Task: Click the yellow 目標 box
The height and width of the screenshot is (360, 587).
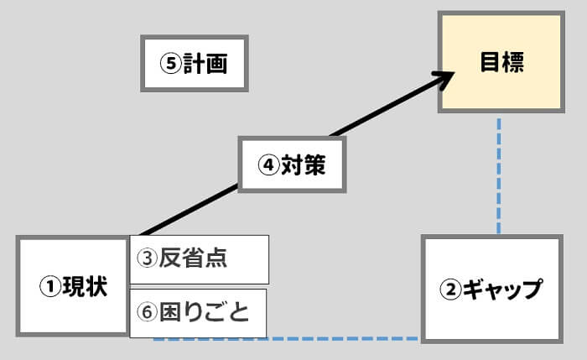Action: point(501,63)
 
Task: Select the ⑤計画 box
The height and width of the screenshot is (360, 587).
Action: point(195,64)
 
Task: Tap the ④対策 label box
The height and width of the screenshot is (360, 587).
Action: point(292,166)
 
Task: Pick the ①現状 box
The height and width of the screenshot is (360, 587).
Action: point(73,286)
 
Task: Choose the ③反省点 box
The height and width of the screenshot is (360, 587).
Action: point(200,259)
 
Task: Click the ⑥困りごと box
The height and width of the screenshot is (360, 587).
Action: point(199,313)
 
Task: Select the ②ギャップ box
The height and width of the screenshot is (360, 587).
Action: point(491,290)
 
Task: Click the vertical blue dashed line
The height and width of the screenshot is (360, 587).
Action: point(500,176)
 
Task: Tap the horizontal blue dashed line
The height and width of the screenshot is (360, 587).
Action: point(285,339)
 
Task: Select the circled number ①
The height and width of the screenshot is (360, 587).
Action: point(49,287)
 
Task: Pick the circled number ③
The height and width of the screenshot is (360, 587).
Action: point(148,259)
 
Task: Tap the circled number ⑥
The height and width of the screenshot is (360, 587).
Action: point(148,313)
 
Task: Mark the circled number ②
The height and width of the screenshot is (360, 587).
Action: point(450,290)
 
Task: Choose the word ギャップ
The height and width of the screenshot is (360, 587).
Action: point(501,290)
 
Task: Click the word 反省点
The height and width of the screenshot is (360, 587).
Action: point(205,259)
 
